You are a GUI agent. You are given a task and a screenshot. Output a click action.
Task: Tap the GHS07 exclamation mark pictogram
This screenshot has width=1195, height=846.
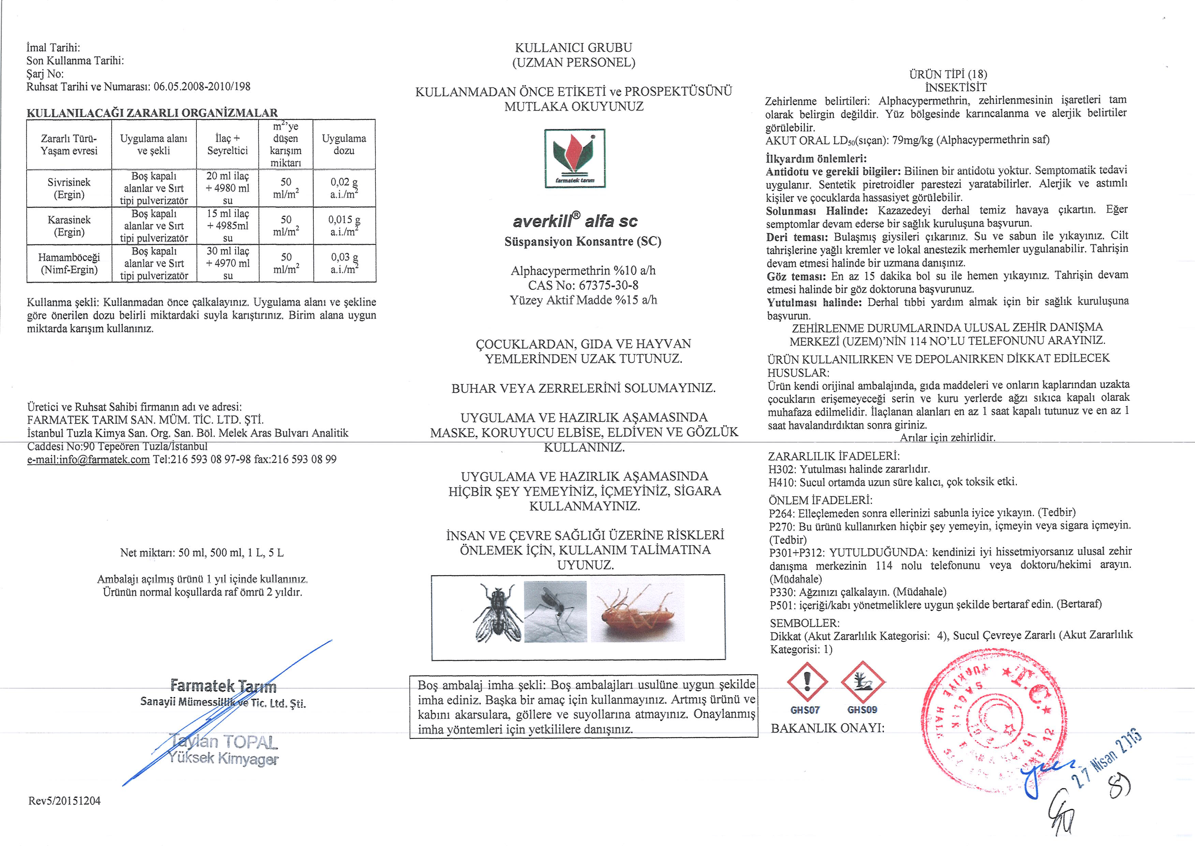(x=807, y=682)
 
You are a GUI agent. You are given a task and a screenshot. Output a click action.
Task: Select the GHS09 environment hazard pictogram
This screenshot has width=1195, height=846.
(x=862, y=682)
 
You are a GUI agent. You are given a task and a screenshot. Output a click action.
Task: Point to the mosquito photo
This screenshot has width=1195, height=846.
(x=555, y=612)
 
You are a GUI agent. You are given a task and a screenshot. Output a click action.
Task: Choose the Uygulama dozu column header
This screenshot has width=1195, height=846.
(x=344, y=144)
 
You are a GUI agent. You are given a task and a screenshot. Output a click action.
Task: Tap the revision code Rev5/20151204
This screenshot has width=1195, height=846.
(x=64, y=801)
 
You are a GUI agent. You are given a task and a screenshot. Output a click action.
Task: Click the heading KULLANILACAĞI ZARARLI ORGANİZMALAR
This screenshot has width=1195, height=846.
(x=152, y=113)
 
